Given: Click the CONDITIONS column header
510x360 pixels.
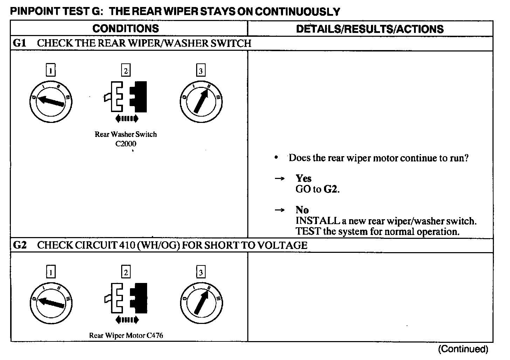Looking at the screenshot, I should (125, 28).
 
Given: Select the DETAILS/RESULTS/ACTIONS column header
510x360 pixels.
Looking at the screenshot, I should (370, 29).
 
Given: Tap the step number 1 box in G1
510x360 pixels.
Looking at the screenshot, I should (51, 71).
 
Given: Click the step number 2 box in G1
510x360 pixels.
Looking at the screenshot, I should (125, 71).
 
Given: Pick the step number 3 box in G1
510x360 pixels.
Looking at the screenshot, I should (200, 71).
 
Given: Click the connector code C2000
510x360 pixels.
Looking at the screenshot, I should (126, 144).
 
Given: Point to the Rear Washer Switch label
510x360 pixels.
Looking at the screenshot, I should (126, 134).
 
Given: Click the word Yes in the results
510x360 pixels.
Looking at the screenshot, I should (303, 178).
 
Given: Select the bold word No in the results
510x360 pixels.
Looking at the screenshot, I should (302, 210).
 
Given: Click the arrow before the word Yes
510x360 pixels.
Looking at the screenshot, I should (279, 179).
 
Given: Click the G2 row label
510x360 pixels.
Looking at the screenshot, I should (20, 245).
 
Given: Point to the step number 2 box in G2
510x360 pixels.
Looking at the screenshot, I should (125, 272).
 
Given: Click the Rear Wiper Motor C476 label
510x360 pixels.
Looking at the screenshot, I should (126, 335).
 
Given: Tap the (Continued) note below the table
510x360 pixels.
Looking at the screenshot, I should (463, 349).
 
